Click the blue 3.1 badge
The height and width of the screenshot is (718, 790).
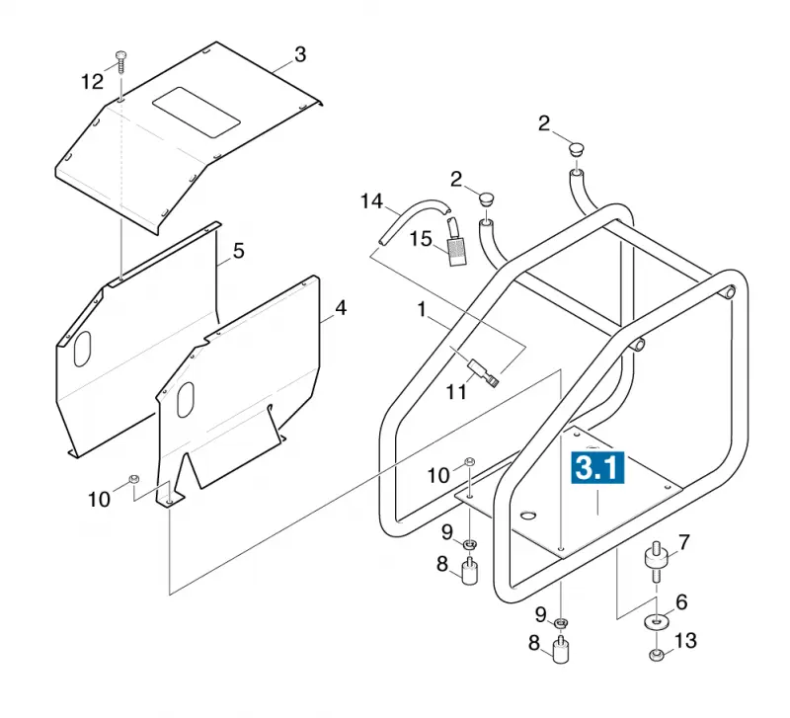(x=597, y=467)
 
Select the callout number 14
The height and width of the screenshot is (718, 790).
(x=372, y=201)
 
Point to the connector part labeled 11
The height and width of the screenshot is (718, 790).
(x=484, y=372)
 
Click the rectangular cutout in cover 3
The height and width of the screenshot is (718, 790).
(x=196, y=113)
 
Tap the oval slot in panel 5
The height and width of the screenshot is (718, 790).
(x=82, y=349)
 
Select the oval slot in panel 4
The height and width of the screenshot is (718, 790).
(x=186, y=400)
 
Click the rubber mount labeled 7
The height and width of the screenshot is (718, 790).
(x=657, y=561)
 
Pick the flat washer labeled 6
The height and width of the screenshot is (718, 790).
(x=657, y=621)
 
